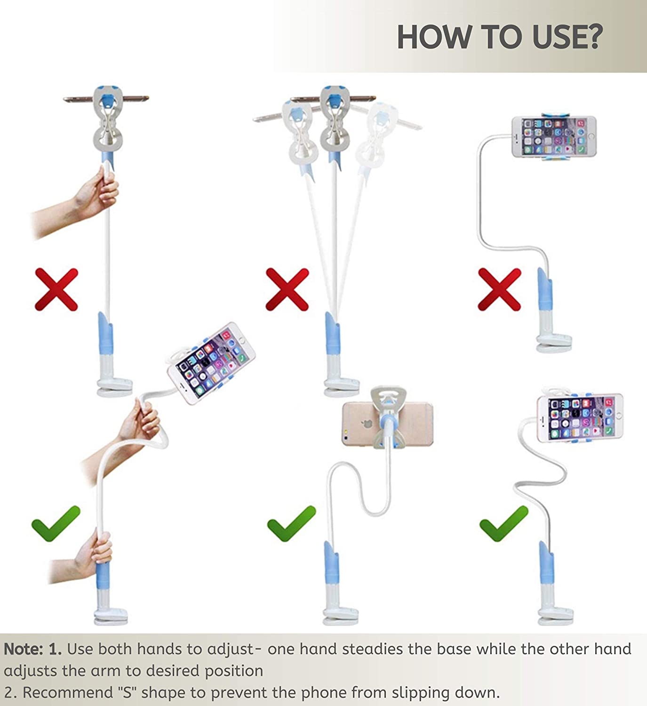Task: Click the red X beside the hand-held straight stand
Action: click(56, 289)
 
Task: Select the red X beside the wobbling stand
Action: click(287, 289)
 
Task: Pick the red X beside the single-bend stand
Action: click(500, 289)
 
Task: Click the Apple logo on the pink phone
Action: click(367, 423)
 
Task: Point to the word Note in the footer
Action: click(23, 649)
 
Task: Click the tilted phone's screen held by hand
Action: click(212, 362)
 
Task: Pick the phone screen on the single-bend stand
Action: click(553, 136)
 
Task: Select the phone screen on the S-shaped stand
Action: click(581, 418)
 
